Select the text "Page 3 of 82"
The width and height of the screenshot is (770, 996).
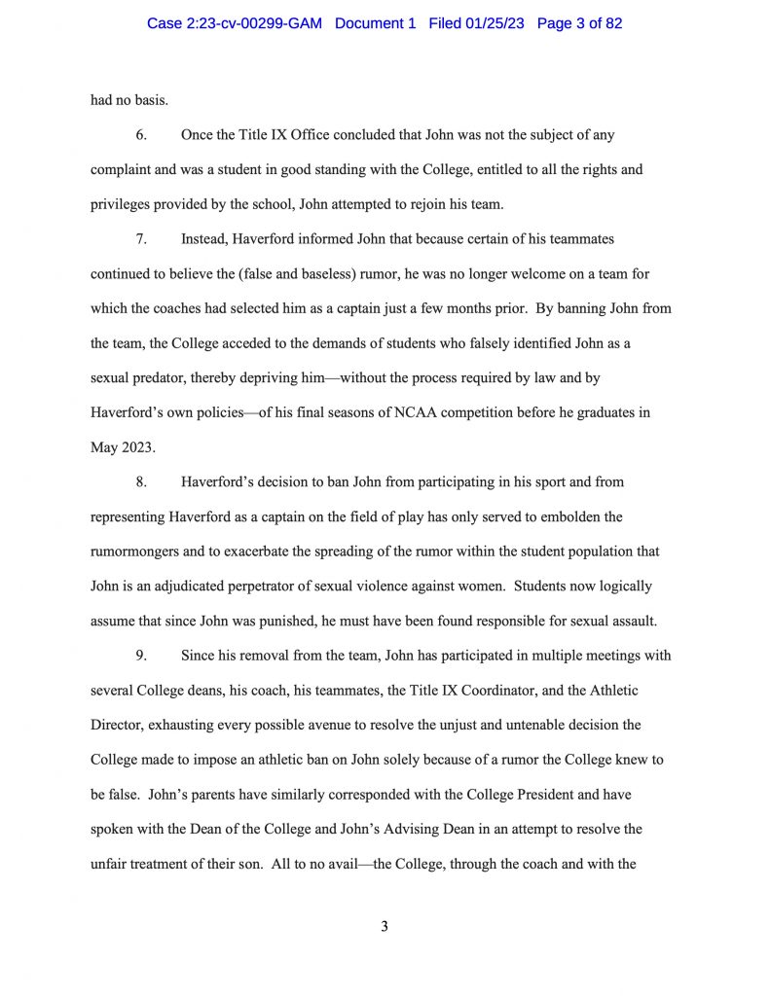579,23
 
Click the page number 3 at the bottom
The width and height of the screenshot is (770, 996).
385,926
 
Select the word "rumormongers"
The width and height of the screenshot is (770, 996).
134,551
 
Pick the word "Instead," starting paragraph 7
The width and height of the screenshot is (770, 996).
206,238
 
